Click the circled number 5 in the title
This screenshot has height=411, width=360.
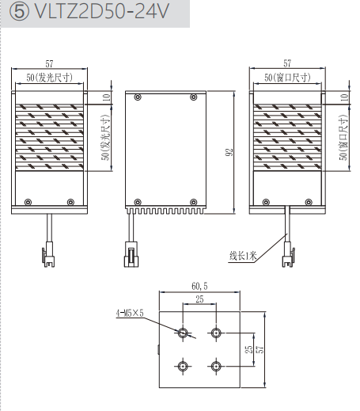19,12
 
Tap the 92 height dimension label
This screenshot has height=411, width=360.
229,152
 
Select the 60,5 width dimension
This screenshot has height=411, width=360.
199,286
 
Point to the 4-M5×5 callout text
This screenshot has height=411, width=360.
130,313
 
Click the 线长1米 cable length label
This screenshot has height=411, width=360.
243,256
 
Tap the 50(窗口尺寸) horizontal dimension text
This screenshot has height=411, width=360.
287,78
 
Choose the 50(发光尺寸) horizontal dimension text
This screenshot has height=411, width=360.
49,78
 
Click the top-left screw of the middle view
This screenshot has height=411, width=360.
138,97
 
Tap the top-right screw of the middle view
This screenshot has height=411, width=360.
193,97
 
